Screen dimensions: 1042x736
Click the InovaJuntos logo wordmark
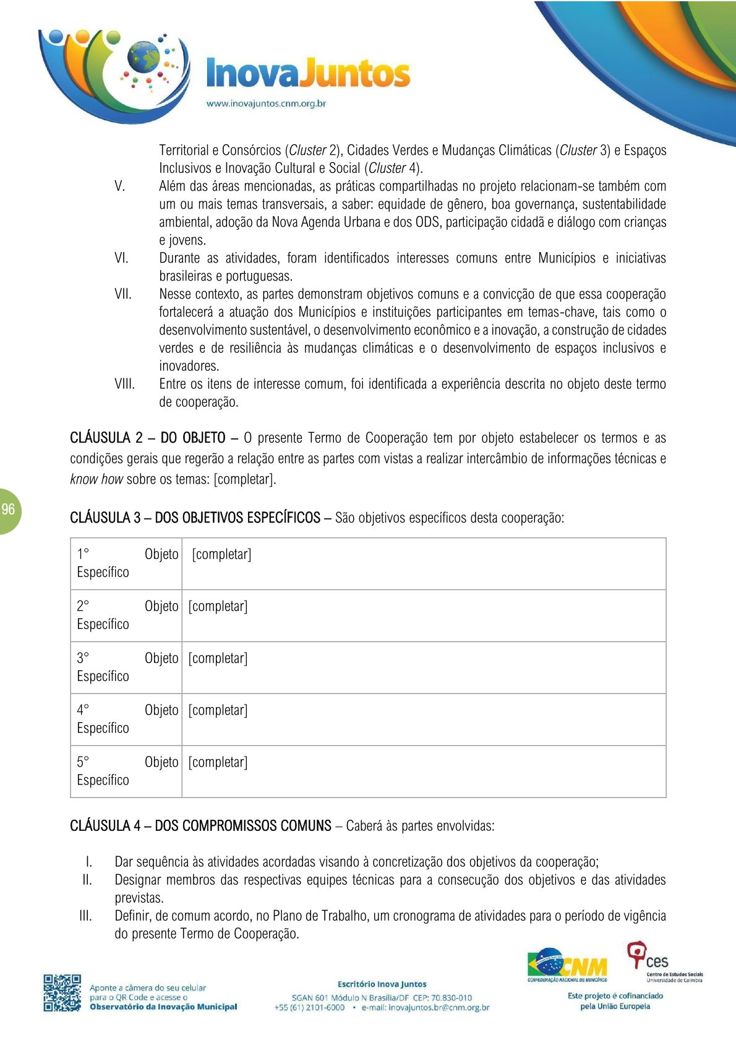[307, 74]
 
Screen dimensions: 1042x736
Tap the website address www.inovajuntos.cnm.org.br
[266, 103]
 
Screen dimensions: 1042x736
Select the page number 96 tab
[9, 510]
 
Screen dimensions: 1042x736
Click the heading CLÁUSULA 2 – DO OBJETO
[147, 438]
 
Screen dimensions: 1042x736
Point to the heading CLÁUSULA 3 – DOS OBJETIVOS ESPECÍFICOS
[195, 518]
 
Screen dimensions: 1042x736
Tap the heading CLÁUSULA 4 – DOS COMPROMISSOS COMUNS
[200, 826]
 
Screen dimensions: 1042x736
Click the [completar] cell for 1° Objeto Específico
[221, 554]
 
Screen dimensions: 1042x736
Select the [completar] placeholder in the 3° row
[218, 658]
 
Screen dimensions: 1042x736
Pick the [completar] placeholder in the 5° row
[218, 762]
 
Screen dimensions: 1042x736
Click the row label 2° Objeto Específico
[126, 615]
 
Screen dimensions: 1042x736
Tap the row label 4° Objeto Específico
[126, 719]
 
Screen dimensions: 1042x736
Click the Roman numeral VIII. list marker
[124, 384]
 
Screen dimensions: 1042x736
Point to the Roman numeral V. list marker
[120, 186]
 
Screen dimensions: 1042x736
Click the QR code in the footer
[62, 992]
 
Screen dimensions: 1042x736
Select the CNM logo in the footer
[567, 966]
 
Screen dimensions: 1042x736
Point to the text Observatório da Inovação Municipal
[163, 1007]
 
